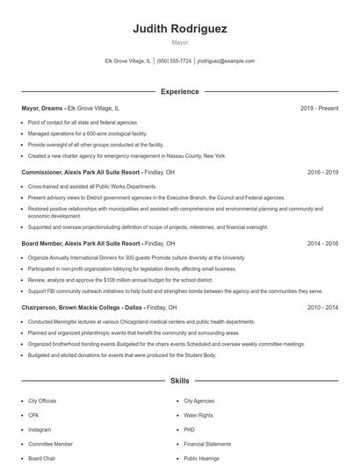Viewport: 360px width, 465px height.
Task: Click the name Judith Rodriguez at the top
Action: pyautogui.click(x=179, y=28)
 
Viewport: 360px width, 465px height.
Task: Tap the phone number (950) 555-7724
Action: pyautogui.click(x=174, y=61)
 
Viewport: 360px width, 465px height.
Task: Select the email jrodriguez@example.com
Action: pyautogui.click(x=226, y=61)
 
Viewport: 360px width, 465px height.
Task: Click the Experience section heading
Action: pyautogui.click(x=179, y=91)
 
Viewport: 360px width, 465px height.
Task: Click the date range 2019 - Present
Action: pyautogui.click(x=319, y=109)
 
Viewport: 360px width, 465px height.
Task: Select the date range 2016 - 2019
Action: pyautogui.click(x=322, y=173)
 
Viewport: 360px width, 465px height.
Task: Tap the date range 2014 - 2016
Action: pyautogui.click(x=322, y=243)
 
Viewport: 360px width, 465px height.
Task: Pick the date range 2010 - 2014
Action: pyautogui.click(x=322, y=308)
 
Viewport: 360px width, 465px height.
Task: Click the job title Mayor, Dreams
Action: pyautogui.click(x=42, y=109)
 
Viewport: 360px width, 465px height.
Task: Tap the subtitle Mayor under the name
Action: pyautogui.click(x=179, y=41)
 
